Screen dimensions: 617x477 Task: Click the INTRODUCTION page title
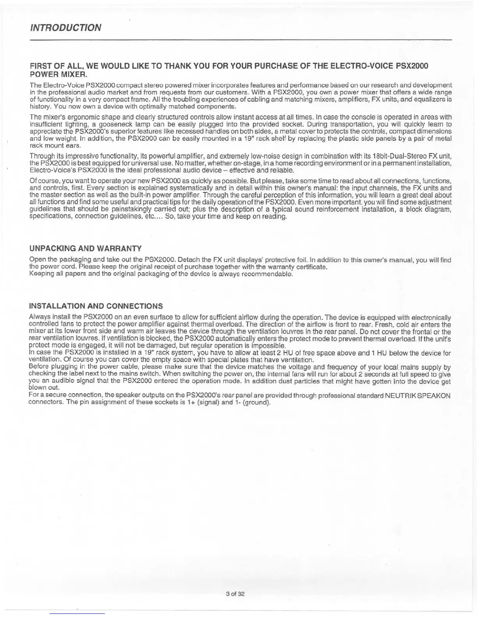click(65, 28)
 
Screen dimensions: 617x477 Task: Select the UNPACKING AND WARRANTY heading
click(85, 249)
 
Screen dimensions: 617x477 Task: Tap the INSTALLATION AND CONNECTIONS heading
click(96, 306)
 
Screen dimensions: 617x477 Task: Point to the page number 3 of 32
click(235, 594)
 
